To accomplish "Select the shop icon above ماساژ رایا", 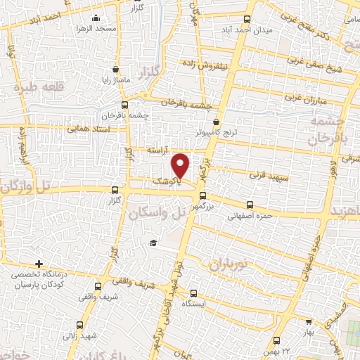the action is (x=116, y=70).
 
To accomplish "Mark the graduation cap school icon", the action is (x=151, y=243).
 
